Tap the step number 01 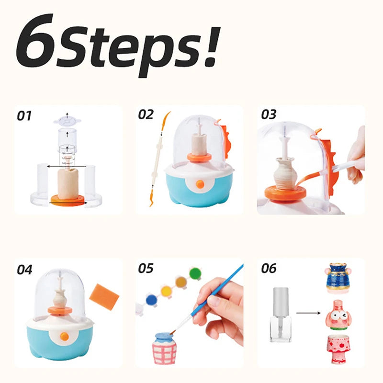point(24,116)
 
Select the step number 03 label point(269,114)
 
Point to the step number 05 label point(146,268)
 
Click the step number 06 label point(269,268)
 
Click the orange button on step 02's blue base point(200,184)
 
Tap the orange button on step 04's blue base point(65,337)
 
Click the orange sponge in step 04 point(104,297)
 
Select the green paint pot point(195,273)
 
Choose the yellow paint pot point(166,291)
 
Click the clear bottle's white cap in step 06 point(281,302)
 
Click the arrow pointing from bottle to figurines point(308,313)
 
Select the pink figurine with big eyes point(338,315)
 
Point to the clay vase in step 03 point(286,173)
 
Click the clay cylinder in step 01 point(68,184)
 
